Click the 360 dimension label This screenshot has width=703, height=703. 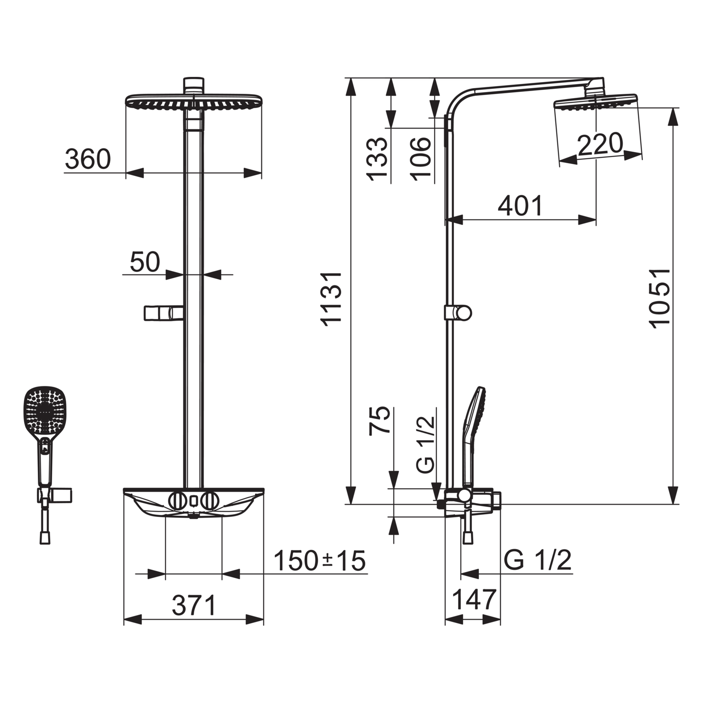pos(88,159)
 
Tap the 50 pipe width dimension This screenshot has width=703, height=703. pos(145,262)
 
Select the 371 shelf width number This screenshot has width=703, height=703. pos(194,605)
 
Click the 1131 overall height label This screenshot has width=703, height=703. pos(331,299)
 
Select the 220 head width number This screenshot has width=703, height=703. pos(600,144)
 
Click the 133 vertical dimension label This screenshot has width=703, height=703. pos(377,159)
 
